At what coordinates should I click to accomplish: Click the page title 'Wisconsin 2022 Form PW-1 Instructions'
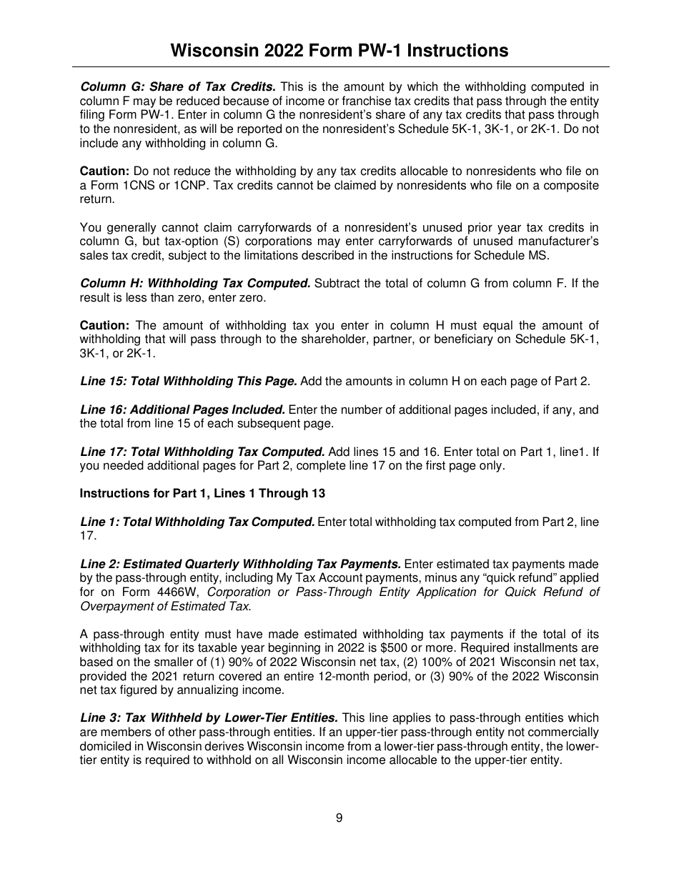point(339,51)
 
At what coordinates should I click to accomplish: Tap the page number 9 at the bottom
point(339,818)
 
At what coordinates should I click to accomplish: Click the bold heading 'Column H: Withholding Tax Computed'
point(195,284)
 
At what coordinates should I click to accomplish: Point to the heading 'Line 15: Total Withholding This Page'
point(189,382)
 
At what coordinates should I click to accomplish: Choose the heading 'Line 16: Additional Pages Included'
point(182,410)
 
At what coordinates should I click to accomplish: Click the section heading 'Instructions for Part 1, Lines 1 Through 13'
point(204,494)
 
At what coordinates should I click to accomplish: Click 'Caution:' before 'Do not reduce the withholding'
point(104,172)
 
